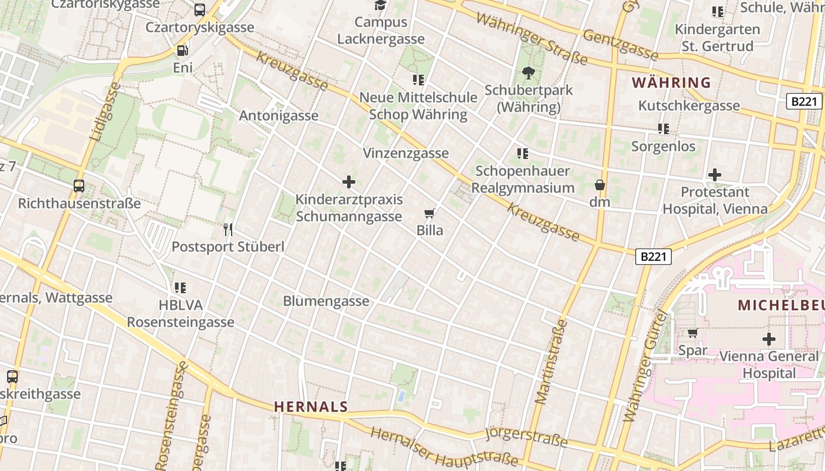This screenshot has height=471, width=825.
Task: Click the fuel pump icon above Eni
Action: [x=183, y=51]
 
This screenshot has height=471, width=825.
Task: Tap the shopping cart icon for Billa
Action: [x=430, y=213]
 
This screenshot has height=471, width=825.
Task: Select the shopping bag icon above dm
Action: [x=600, y=185]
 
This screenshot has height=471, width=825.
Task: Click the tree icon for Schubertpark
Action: [x=529, y=73]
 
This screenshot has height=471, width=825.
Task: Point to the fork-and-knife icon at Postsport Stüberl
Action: [x=228, y=230]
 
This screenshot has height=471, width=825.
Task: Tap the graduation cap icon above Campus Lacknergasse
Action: [x=381, y=5]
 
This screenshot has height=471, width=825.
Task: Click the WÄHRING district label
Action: [x=672, y=82]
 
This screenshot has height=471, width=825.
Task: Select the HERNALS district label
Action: [x=311, y=407]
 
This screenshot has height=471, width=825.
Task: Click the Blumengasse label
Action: [x=326, y=301]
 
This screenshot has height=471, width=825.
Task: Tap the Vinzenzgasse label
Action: [x=406, y=153]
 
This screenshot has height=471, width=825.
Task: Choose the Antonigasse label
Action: [x=279, y=115]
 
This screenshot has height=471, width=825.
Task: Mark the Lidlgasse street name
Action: [x=104, y=111]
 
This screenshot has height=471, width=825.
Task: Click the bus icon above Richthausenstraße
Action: [x=79, y=187]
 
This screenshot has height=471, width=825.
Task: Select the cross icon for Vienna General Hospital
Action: [x=768, y=339]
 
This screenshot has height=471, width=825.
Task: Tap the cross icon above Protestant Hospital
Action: [x=715, y=175]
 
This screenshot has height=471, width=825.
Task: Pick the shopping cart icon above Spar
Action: [x=692, y=333]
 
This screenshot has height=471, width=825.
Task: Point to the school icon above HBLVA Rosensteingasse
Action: [x=180, y=288]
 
